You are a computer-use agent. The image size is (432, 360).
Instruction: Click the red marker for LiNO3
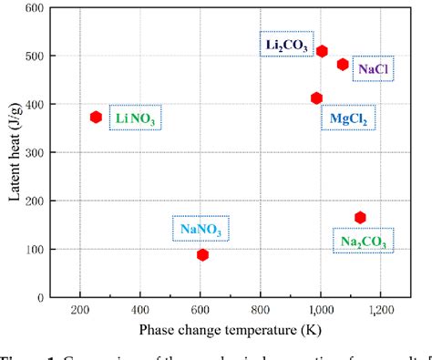click(x=96, y=117)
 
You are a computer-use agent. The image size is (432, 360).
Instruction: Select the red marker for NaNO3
click(x=202, y=254)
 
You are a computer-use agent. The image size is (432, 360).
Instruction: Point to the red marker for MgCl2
click(x=316, y=98)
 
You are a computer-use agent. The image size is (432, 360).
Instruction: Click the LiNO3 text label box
click(x=133, y=118)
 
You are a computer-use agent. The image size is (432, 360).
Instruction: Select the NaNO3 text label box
click(x=200, y=228)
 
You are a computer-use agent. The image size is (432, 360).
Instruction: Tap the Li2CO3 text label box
click(x=284, y=44)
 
